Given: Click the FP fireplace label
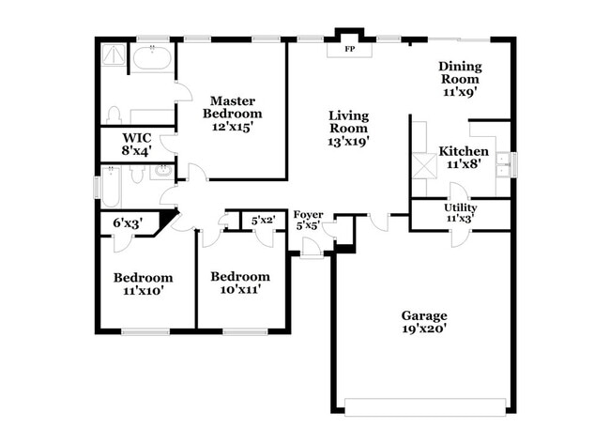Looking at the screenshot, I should tap(350, 49).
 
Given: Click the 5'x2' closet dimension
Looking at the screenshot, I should tap(263, 221).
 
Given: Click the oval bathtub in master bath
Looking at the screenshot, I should tap(151, 59).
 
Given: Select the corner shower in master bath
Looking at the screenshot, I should tap(115, 55).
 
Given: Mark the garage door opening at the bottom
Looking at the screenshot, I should tap(425, 406).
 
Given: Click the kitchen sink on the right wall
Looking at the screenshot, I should tap(504, 163).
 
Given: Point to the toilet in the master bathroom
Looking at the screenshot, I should tap(114, 115).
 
